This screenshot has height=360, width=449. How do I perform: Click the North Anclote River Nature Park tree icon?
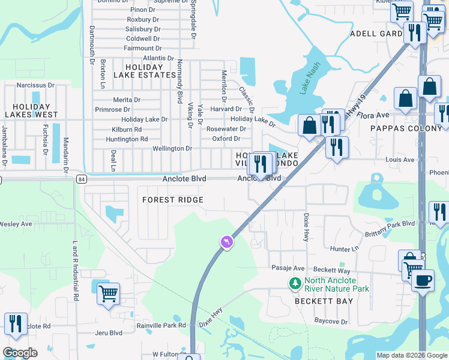point(295,283)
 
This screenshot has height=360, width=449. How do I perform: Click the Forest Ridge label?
point(172,200)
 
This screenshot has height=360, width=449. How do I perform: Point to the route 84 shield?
point(82,179)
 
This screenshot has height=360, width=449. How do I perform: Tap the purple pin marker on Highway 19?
point(226,242)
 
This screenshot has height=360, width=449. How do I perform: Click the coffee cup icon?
point(423,280)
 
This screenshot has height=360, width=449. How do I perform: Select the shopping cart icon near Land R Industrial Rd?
point(108,294)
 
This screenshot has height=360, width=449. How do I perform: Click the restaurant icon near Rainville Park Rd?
point(16,323)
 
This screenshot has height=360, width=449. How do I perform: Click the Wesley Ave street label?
point(16,224)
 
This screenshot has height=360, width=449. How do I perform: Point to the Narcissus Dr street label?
point(35,85)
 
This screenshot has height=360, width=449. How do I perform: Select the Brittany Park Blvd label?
point(390,223)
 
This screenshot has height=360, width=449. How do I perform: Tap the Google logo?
point(20,352)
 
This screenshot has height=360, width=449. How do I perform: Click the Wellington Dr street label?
point(172,148)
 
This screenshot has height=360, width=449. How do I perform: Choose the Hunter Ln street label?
point(344,248)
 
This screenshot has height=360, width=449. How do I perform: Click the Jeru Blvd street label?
point(109,332)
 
